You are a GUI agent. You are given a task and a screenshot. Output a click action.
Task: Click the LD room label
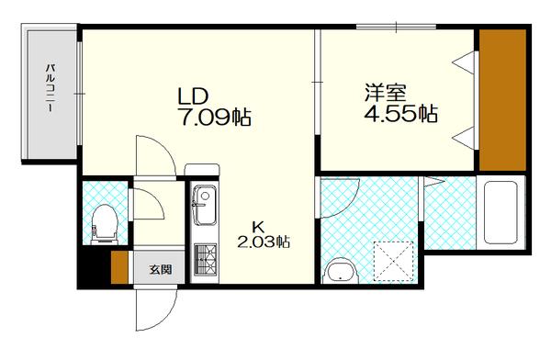tap(194, 95)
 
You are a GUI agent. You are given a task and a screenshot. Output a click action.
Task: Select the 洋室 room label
tap(387, 93)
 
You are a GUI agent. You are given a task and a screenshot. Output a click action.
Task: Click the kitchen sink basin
tap(203, 208)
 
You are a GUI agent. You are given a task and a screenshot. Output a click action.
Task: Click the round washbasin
tap(342, 272)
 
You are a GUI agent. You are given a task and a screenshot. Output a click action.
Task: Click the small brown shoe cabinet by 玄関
tap(118, 266)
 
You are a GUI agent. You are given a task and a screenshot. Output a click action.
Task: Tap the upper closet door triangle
tap(466, 63)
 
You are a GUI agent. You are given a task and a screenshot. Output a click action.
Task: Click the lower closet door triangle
tap(466, 138)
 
